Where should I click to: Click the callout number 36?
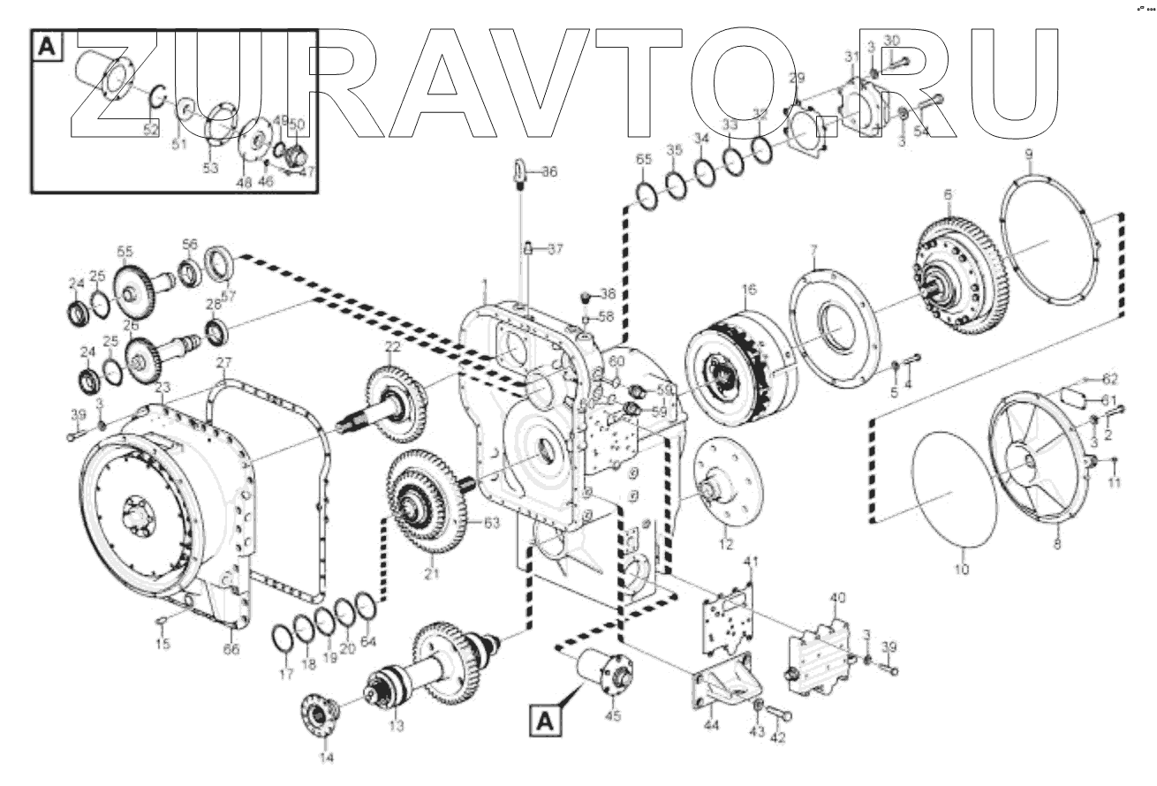[549, 171]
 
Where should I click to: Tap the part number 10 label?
[962, 570]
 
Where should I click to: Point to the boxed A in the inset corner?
[47, 47]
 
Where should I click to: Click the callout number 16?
[749, 289]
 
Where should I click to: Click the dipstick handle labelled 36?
[520, 168]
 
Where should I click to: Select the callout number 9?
[1029, 155]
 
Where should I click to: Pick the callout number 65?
[644, 160]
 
